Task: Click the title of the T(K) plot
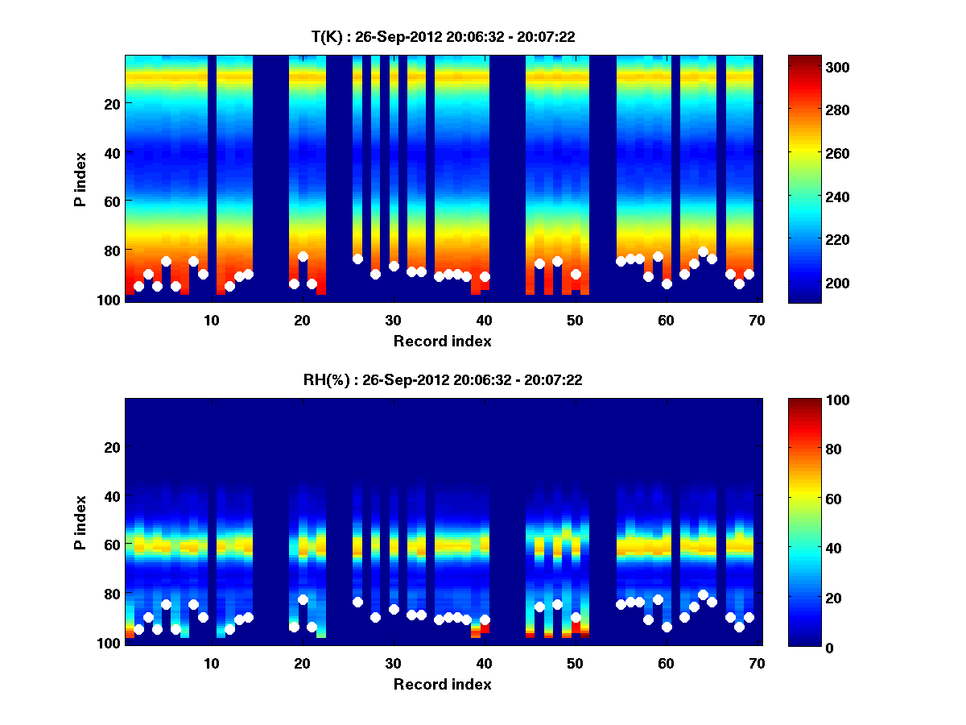point(442,36)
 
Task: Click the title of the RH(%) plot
point(442,379)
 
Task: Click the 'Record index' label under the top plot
point(442,341)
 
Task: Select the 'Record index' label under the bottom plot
point(442,684)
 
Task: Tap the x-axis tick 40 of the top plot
point(484,319)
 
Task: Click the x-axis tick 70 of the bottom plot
point(757,662)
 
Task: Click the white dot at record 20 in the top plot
point(303,257)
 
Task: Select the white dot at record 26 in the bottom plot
point(357,602)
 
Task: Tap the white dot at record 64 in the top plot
point(703,252)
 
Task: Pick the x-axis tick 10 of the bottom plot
point(211,662)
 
